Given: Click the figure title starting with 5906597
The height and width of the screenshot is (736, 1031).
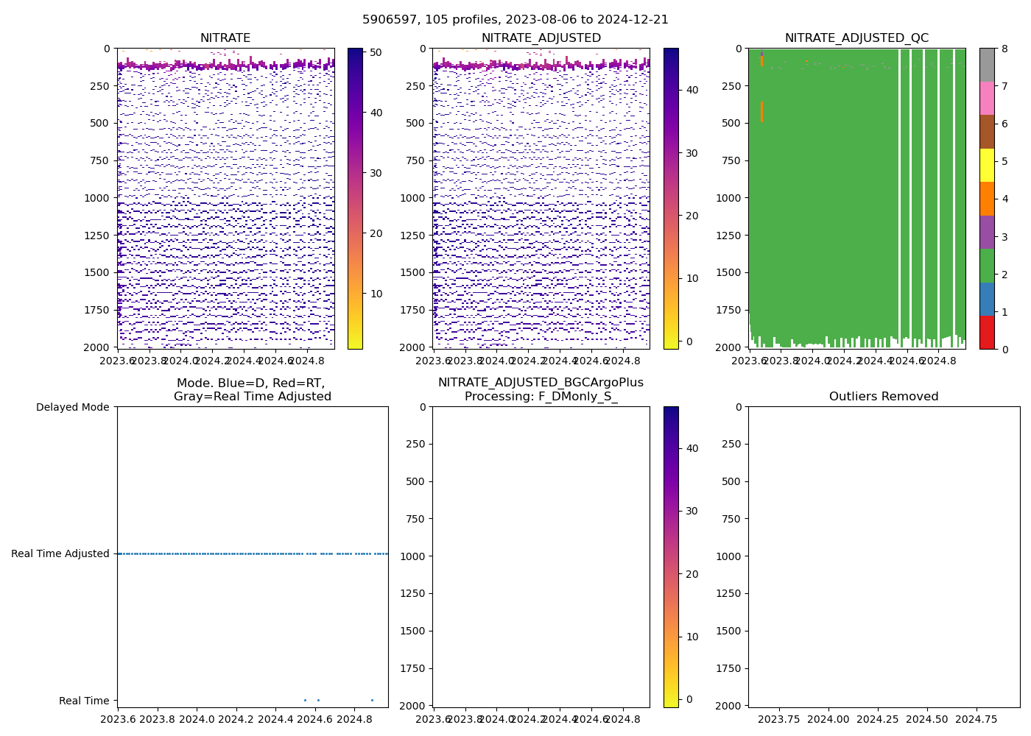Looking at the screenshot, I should (515, 20).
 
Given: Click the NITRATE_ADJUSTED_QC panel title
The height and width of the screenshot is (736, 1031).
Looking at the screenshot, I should (856, 38).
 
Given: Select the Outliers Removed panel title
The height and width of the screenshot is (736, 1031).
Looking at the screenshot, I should (884, 397).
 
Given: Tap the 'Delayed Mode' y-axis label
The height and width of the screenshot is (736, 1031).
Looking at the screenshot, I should (72, 407).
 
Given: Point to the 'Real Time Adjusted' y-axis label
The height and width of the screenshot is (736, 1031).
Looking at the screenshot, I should (60, 553).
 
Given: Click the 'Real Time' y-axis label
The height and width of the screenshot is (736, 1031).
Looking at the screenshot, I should (84, 701).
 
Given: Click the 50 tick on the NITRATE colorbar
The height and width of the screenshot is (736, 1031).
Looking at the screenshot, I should (376, 52).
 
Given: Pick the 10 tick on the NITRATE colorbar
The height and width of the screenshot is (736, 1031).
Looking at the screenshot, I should (376, 294).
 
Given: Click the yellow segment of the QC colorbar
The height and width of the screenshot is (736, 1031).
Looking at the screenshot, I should (987, 165).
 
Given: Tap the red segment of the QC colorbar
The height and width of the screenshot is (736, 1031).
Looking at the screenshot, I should (987, 332).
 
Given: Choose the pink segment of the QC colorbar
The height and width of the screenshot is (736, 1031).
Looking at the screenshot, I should (987, 98).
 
